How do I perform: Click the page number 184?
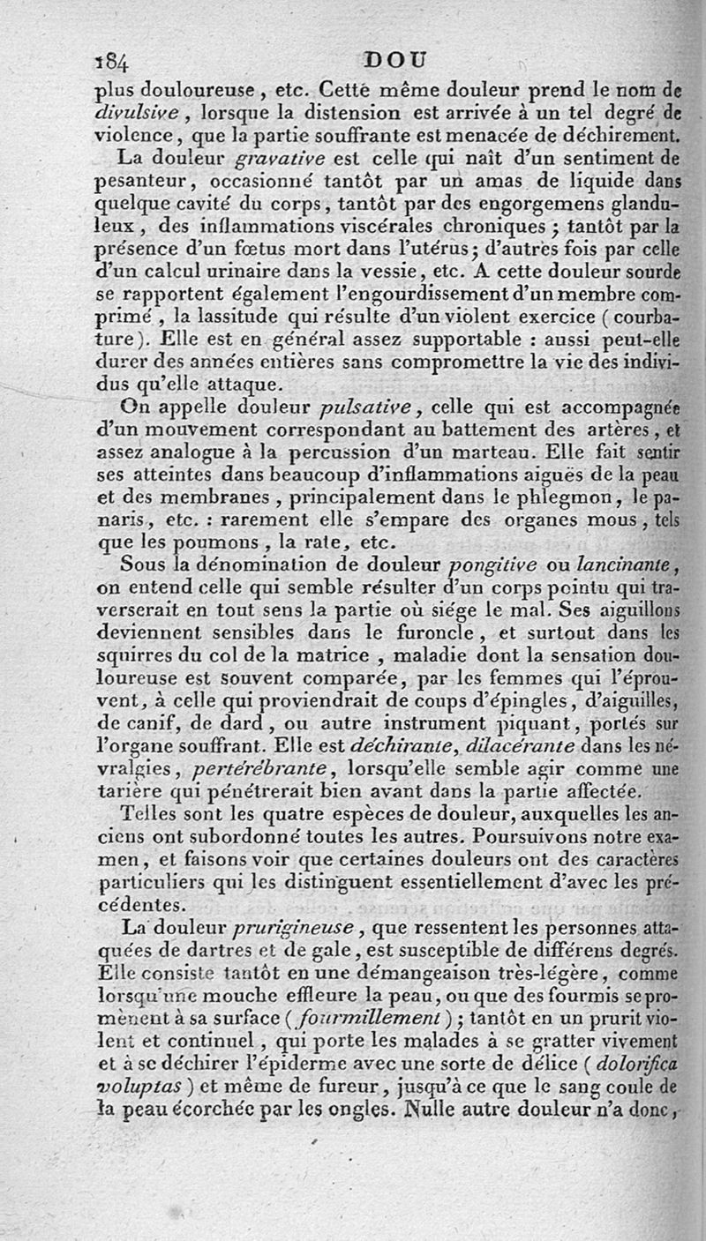click(113, 61)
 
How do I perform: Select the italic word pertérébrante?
click(267, 770)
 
